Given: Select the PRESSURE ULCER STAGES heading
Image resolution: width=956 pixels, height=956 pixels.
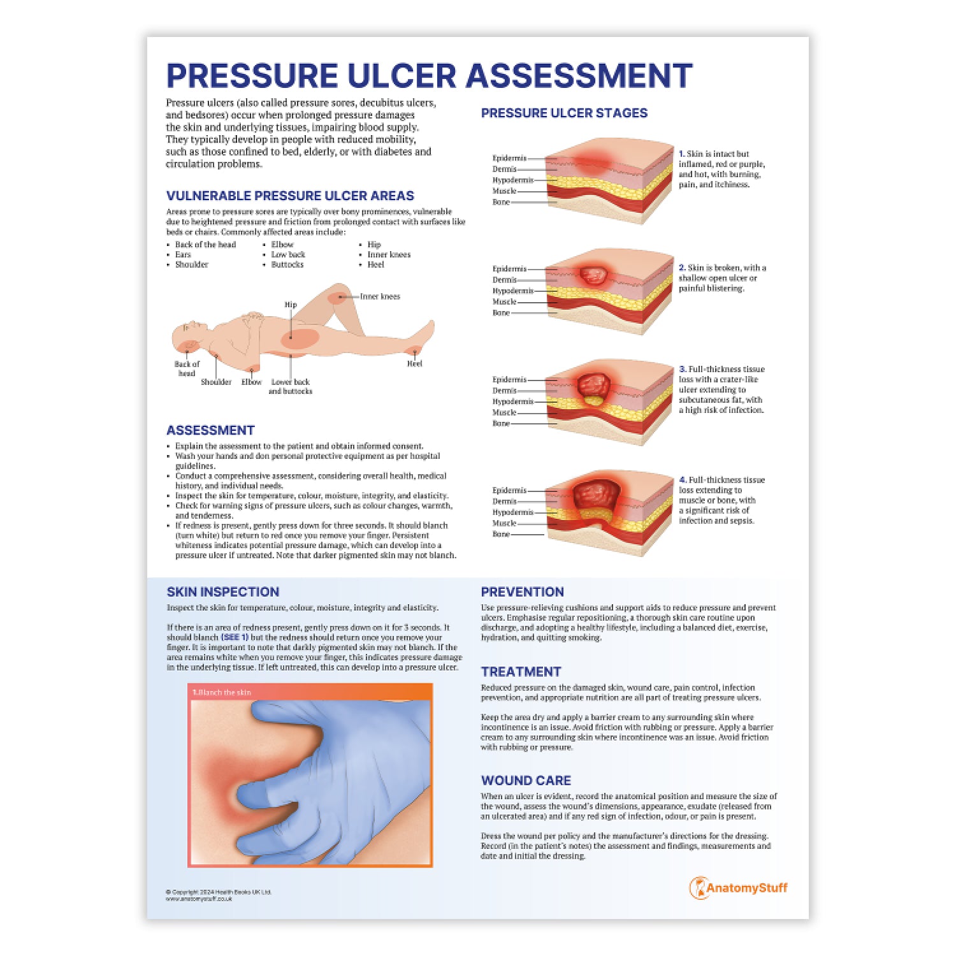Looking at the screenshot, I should pyautogui.click(x=564, y=113).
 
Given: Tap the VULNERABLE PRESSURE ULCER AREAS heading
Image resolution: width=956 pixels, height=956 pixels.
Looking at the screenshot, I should pyautogui.click(x=290, y=196).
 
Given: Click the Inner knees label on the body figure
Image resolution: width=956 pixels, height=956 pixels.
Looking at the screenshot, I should pyautogui.click(x=380, y=296).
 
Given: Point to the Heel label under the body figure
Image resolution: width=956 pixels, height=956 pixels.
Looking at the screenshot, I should pyautogui.click(x=414, y=364).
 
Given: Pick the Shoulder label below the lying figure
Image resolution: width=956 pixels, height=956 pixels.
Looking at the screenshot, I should pyautogui.click(x=216, y=382).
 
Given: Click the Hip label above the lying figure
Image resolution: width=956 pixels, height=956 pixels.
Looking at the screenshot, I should pyautogui.click(x=291, y=305).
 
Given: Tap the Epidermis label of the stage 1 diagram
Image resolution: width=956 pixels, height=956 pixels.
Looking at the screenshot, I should pyautogui.click(x=509, y=158).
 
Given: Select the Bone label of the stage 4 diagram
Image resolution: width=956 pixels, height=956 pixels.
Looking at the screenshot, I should pyautogui.click(x=501, y=534).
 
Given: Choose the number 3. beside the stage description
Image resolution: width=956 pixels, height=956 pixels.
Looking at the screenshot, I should pyautogui.click(x=683, y=369).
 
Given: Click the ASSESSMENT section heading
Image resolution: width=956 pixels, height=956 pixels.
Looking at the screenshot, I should pyautogui.click(x=210, y=430).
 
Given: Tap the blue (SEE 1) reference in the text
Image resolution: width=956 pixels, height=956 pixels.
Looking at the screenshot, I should pyautogui.click(x=235, y=637).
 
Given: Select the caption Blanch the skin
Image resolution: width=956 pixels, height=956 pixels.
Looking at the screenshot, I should pyautogui.click(x=224, y=692).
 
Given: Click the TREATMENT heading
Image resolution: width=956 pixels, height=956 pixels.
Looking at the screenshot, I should pyautogui.click(x=521, y=672).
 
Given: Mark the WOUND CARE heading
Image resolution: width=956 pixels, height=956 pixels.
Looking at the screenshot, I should pyautogui.click(x=526, y=781).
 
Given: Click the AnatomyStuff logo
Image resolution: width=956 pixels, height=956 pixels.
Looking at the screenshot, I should pyautogui.click(x=739, y=888).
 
